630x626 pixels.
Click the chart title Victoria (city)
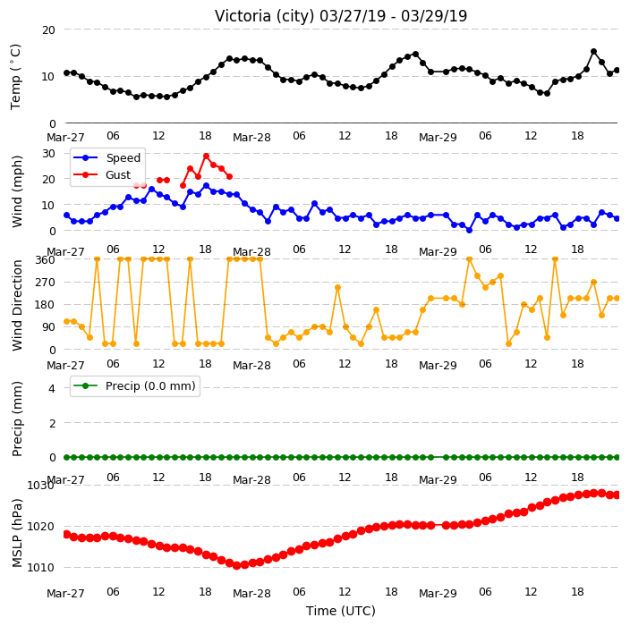[x=264, y=16]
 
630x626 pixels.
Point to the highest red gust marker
[x=206, y=156]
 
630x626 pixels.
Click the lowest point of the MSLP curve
[x=236, y=565]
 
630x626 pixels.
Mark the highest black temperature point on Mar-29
[x=594, y=51]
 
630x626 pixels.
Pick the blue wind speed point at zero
[x=469, y=230]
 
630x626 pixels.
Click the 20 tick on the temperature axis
[x=48, y=30]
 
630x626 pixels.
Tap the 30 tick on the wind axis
[x=48, y=154]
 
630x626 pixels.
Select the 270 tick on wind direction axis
[x=45, y=283]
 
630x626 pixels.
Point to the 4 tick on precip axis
[x=52, y=388]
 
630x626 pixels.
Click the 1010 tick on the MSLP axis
[x=40, y=567]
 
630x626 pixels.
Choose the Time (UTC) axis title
[x=341, y=611]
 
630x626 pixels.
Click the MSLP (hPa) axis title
[x=17, y=533]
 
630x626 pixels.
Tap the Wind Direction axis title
[x=17, y=306]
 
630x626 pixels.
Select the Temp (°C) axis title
[x=15, y=77]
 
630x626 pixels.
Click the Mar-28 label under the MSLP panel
[x=252, y=594]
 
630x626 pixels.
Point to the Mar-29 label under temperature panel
[x=438, y=138]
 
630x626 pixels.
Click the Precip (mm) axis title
[x=17, y=419]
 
